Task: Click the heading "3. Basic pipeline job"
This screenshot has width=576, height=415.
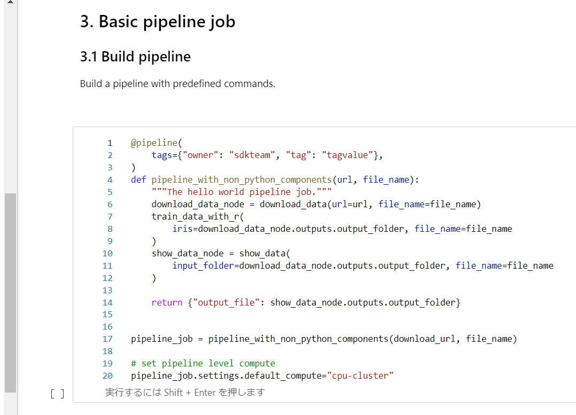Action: (x=158, y=22)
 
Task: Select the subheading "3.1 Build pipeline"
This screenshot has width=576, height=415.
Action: (x=135, y=57)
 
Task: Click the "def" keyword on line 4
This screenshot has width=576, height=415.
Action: (x=138, y=180)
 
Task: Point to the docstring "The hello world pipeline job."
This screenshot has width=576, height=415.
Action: (x=242, y=192)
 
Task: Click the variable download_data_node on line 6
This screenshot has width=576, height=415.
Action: (x=203, y=205)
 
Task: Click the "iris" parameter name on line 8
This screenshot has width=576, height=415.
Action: (x=182, y=229)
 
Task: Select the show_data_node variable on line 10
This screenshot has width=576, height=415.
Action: (x=188, y=254)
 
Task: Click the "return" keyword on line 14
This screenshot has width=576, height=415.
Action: (x=167, y=303)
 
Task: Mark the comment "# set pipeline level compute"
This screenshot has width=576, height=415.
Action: (x=203, y=364)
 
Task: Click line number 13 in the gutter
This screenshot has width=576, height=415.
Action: (x=107, y=291)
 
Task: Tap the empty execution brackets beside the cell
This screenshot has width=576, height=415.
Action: (x=57, y=394)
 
